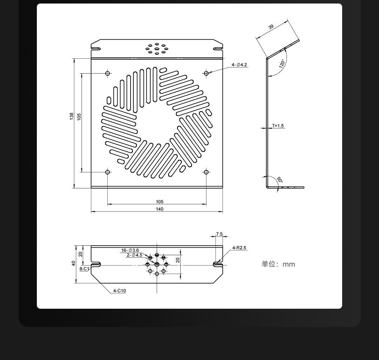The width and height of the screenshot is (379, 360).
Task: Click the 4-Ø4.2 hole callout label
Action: pos(239,65)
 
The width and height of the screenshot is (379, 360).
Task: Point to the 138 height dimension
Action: pos(72,116)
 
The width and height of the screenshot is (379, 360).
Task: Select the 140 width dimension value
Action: pos(160,209)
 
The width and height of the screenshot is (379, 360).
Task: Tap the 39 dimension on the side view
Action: pos(271,27)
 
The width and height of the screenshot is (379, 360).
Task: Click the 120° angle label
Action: pos(282,63)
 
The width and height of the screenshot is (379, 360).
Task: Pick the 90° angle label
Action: pos(280,179)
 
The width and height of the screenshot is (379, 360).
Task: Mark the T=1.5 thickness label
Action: pos(278,126)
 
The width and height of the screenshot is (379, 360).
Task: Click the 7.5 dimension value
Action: pos(219,234)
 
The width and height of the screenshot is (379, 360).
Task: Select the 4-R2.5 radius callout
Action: pos(239,248)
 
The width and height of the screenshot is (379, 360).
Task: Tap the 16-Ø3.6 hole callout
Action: pos(130,250)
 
